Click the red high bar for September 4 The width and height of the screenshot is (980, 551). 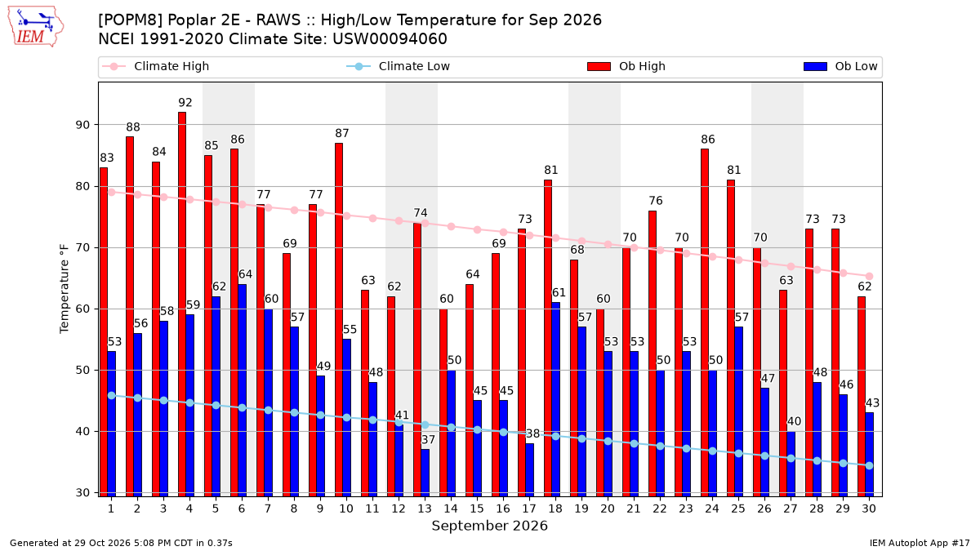[182, 304]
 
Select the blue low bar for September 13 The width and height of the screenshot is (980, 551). [425, 473]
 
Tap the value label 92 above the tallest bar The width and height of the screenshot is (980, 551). [185, 102]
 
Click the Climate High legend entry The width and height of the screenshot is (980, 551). [155, 66]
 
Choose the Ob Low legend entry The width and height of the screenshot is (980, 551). [840, 66]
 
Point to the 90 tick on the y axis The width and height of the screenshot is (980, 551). [82, 125]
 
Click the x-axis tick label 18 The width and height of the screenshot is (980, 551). [555, 509]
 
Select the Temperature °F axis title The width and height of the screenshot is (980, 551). [65, 289]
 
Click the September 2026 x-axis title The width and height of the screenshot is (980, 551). [489, 526]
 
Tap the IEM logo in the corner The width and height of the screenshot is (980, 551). [35, 27]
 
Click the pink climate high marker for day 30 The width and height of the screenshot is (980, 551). [869, 277]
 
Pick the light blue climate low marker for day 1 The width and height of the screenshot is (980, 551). [112, 395]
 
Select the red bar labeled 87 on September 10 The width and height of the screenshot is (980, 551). [339, 320]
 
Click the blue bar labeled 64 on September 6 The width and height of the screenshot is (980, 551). [242, 390]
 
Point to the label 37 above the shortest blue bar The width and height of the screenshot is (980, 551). [428, 439]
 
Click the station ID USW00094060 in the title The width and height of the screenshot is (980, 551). [390, 39]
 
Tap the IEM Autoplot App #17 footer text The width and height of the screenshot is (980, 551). [920, 543]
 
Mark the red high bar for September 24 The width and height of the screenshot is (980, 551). [704, 322]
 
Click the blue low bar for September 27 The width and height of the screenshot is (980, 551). [791, 464]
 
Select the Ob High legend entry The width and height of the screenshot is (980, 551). [626, 66]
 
